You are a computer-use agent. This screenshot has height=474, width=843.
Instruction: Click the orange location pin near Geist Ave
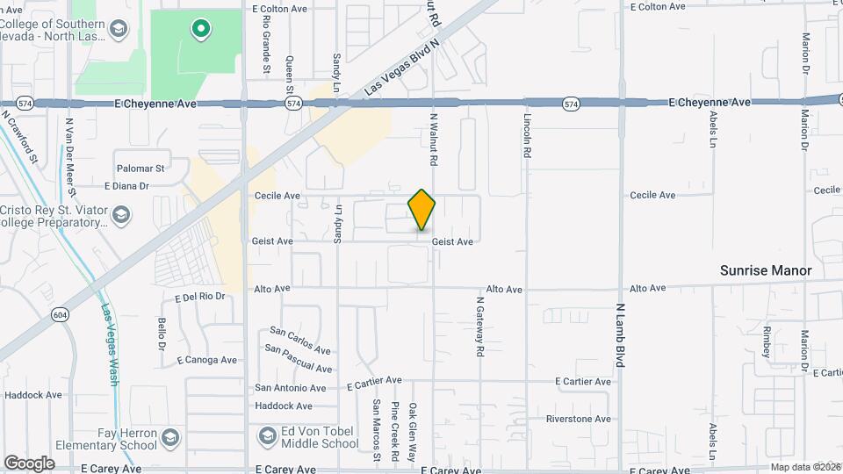(422, 210)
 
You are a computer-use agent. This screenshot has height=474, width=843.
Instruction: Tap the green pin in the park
(201, 30)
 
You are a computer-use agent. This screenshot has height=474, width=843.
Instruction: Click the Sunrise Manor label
(765, 270)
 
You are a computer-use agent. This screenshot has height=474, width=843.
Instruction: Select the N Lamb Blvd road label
(620, 334)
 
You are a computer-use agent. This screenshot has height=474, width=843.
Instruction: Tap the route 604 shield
(60, 314)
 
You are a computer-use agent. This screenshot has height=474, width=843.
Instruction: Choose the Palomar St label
(140, 168)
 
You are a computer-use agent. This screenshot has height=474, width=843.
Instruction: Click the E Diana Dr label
(126, 186)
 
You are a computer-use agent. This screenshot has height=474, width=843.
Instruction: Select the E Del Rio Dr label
(199, 297)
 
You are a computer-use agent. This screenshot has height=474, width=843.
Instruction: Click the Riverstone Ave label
(578, 419)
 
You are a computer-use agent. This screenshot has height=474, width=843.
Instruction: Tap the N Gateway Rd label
(480, 326)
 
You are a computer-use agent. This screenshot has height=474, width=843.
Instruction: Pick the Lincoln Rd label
(527, 135)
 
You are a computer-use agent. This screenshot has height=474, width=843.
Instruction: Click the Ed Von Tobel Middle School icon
(266, 435)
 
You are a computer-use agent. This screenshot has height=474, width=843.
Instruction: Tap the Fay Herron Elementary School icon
(170, 435)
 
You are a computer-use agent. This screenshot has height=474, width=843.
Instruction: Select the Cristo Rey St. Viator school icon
(121, 214)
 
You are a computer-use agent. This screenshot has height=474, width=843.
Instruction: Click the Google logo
(29, 463)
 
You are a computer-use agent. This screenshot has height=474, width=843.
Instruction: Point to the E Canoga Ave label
(206, 360)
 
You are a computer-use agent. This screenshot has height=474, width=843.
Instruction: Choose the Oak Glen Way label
(412, 432)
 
